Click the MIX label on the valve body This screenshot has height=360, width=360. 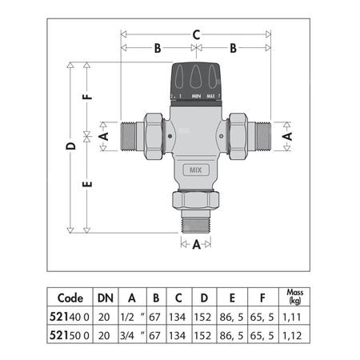pyautogui.click(x=194, y=170)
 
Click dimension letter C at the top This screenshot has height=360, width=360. pyautogui.click(x=195, y=34)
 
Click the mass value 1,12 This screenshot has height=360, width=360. pyautogui.click(x=295, y=335)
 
